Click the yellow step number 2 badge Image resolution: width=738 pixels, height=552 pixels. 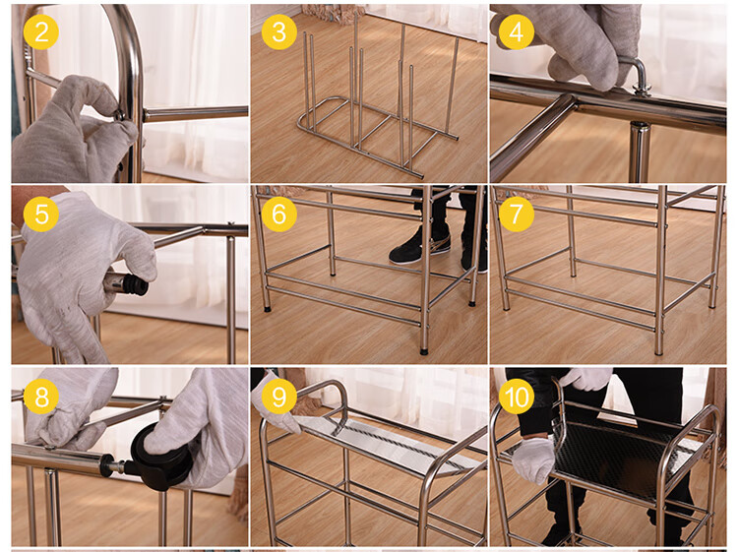point(41,32)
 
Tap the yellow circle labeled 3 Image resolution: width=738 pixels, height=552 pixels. point(279,32)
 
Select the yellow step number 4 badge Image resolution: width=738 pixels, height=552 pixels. point(517,32)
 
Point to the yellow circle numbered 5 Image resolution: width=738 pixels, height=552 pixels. point(41,215)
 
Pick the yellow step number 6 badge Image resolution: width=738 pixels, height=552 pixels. point(279,215)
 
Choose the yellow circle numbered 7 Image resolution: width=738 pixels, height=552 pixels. point(517,215)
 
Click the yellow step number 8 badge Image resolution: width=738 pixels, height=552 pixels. point(41,397)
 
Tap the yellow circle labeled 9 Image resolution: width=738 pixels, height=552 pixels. point(279,397)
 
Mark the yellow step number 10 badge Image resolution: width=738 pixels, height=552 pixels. point(517,397)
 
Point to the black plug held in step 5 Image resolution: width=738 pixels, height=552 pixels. point(133,284)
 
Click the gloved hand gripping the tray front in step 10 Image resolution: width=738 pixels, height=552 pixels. point(533,460)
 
